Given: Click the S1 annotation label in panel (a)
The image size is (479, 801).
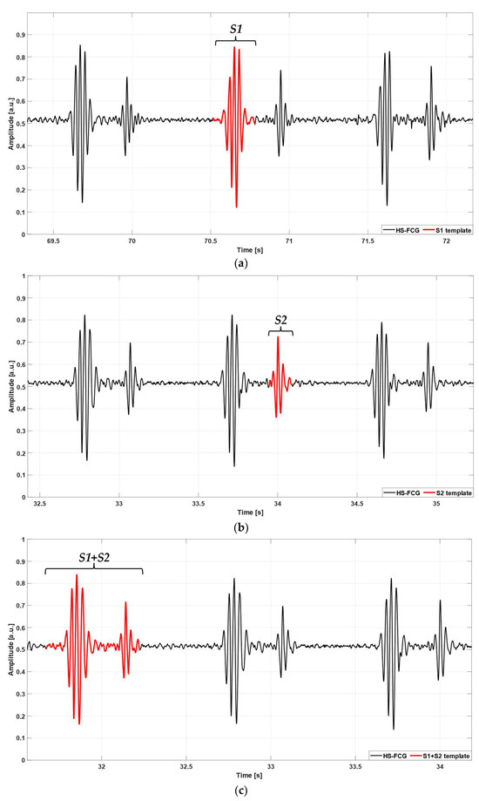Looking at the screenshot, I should click(236, 29).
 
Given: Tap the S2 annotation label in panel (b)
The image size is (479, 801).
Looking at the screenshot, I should click(280, 320).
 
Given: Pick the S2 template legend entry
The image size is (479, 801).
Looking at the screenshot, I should click(448, 501).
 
